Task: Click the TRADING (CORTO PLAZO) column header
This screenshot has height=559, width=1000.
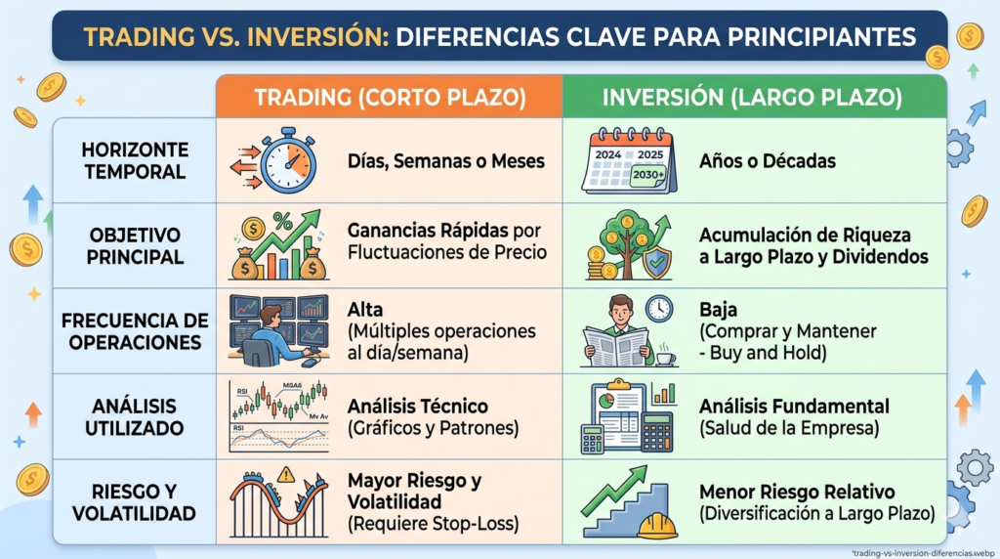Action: pos(389,98)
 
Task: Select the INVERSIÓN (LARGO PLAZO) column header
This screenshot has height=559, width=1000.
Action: pos(753,98)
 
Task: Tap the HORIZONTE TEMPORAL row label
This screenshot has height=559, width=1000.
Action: pos(134,160)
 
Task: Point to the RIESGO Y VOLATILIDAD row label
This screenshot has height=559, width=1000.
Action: pos(134,502)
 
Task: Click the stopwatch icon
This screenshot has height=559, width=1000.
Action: pos(287,158)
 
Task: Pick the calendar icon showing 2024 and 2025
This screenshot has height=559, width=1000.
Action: pos(628,159)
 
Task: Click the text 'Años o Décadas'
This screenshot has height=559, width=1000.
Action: pos(768,160)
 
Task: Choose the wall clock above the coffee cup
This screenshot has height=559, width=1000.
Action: pos(659,308)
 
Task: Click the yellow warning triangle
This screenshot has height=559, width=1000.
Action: pos(285,475)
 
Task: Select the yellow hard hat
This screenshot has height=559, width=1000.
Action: pos(657,526)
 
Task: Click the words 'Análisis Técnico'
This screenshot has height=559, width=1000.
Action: pos(417,406)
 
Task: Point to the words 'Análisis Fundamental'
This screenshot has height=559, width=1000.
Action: pos(794,406)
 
